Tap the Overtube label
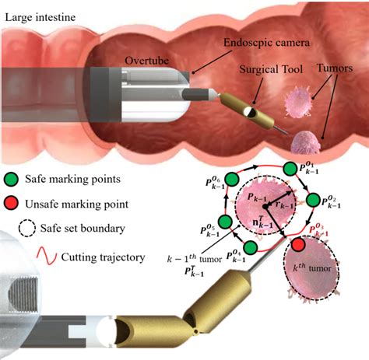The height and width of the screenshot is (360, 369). [x=143, y=59]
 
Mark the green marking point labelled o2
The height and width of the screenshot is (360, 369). [x=315, y=201]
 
